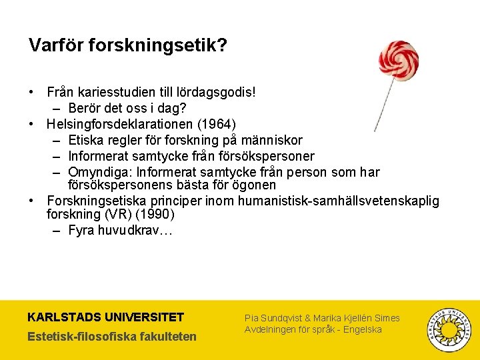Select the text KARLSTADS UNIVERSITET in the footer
(x=106, y=317)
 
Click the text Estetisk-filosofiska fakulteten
(x=112, y=336)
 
